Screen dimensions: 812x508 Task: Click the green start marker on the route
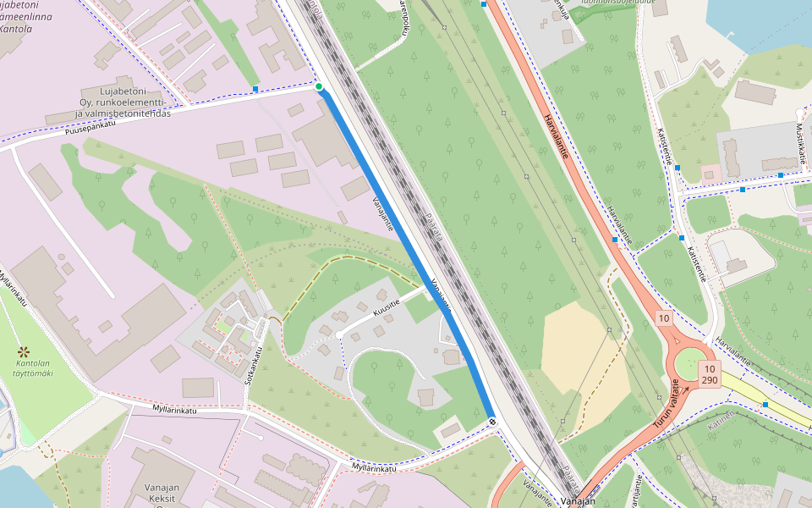[319, 86]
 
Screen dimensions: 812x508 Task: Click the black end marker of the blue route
[492, 422]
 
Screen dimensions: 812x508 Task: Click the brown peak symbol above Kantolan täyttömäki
[24, 351]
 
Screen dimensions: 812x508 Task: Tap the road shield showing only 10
[664, 318]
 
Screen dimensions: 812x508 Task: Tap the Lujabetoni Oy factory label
[123, 102]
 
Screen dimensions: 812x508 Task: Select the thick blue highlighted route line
[406, 254]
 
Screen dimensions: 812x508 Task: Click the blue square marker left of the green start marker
[255, 89]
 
